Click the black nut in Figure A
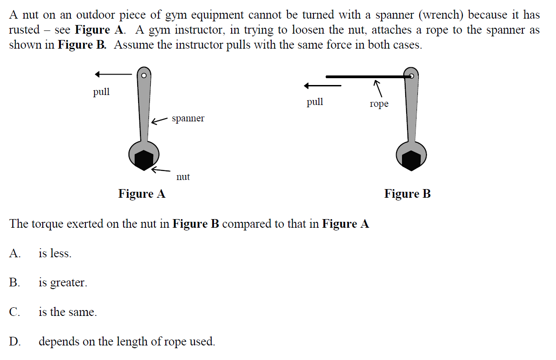[x=144, y=160]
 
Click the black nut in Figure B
[x=412, y=160]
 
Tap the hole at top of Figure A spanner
[x=144, y=75]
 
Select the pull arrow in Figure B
[x=322, y=85]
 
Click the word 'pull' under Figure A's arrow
[x=101, y=92]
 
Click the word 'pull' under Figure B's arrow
[x=315, y=102]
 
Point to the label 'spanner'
[x=188, y=119]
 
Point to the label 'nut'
[x=183, y=177]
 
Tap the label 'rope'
[x=379, y=104]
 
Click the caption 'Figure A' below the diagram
[x=142, y=194]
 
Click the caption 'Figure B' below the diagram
[x=407, y=194]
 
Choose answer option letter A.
[x=15, y=254]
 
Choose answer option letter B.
[x=15, y=283]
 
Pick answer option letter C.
[x=15, y=312]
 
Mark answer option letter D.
[x=15, y=341]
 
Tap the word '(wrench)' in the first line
[x=442, y=15]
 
